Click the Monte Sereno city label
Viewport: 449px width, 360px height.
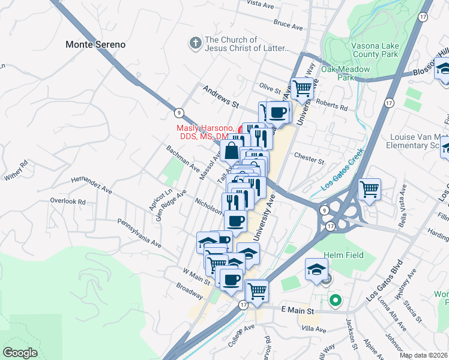pyautogui.click(x=95, y=44)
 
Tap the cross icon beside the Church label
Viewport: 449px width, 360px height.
pyautogui.click(x=194, y=43)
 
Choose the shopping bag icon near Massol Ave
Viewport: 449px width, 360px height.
pyautogui.click(x=232, y=151)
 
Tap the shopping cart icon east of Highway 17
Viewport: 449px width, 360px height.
pyautogui.click(x=370, y=190)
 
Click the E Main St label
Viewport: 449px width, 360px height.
pyautogui.click(x=298, y=311)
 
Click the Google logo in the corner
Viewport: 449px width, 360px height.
pyautogui.click(x=20, y=353)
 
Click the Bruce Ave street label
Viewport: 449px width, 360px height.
pyautogui.click(x=288, y=25)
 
